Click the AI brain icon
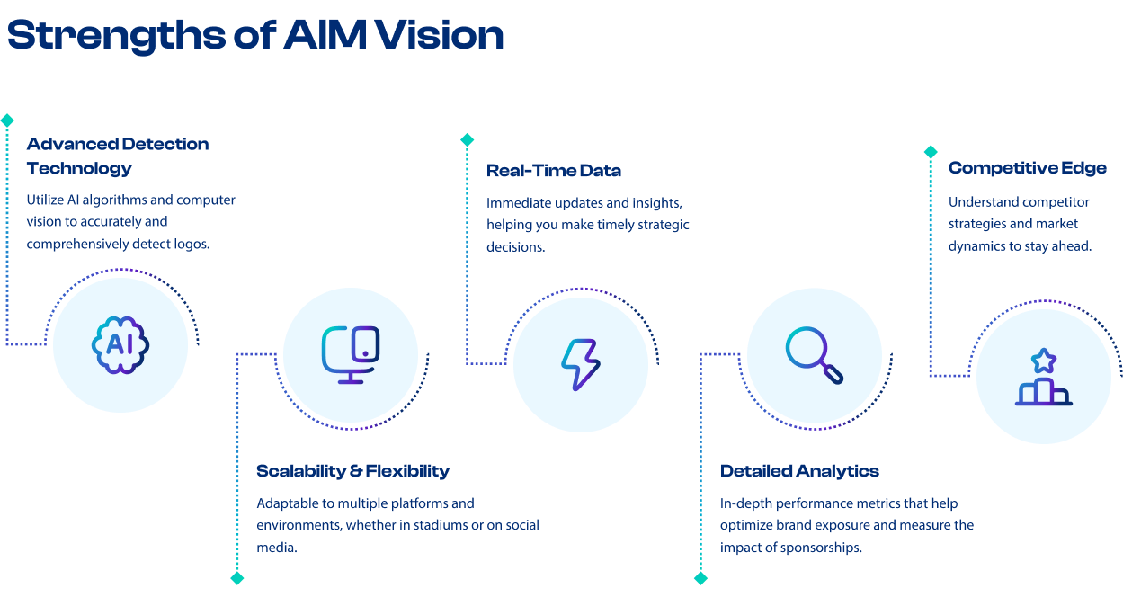[120, 343]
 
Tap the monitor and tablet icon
[351, 354]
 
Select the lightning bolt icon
[581, 364]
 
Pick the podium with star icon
[1043, 378]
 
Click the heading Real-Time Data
[554, 171]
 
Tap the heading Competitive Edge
[1027, 168]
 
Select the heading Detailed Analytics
[799, 471]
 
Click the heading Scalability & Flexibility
[352, 471]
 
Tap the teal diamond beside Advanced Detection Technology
[7, 120]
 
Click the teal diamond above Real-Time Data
[467, 140]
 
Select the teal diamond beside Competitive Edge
[931, 152]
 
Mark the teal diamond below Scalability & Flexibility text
[237, 578]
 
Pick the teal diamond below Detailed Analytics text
[700, 578]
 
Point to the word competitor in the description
[1057, 201]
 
